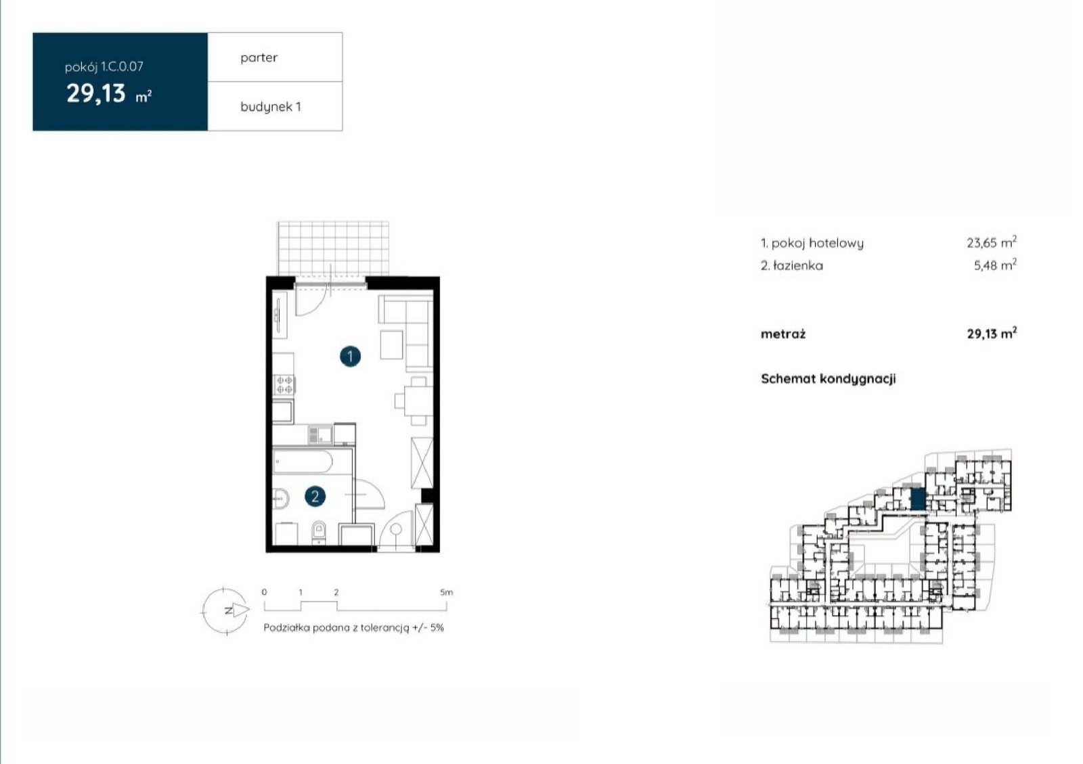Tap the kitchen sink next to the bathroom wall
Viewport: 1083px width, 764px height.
coord(319,435)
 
